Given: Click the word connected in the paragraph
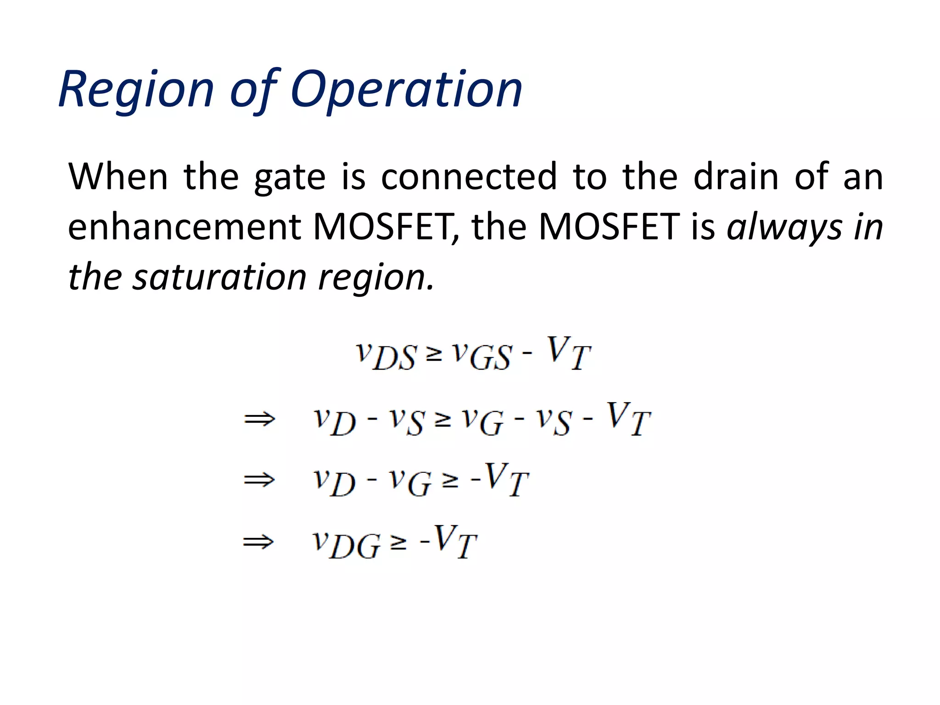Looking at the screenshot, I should [469, 177].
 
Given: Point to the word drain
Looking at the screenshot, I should [736, 177].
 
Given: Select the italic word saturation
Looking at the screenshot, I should [219, 278].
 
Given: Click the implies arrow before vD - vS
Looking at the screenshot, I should [259, 419].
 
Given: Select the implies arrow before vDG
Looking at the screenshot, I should [258, 543].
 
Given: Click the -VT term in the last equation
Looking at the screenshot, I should [448, 542].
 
